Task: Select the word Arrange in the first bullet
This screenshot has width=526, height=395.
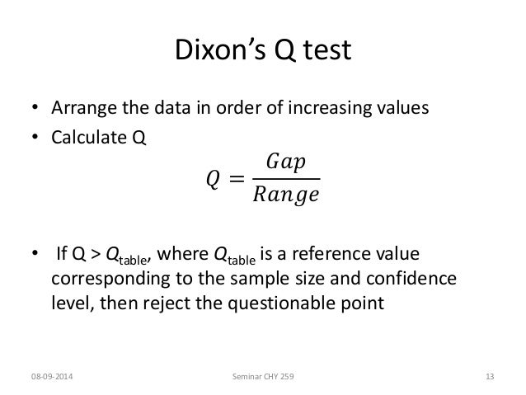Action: click(84, 109)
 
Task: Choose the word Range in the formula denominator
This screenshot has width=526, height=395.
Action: click(288, 195)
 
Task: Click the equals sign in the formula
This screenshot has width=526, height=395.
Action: click(238, 178)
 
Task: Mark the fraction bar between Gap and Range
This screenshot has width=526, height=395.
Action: click(288, 178)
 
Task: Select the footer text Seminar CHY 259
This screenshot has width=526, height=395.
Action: click(262, 376)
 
